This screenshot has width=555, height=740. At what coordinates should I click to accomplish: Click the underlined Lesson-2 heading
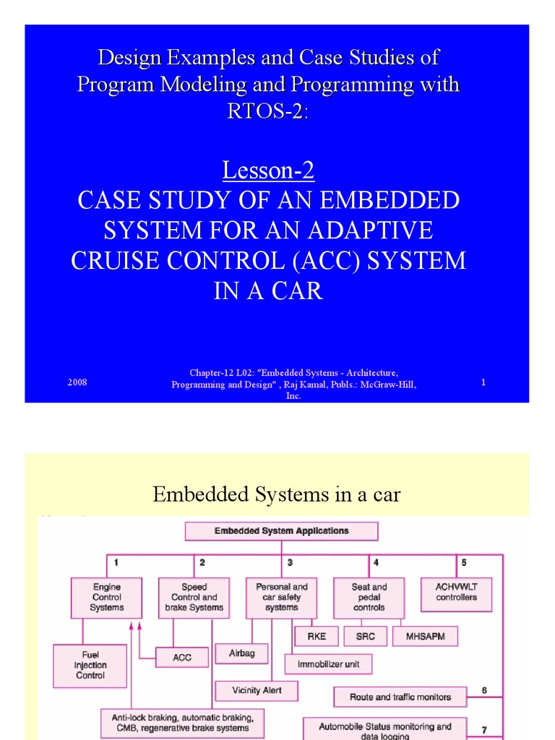point(268,171)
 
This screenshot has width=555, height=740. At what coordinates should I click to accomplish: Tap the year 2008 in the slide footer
point(77,382)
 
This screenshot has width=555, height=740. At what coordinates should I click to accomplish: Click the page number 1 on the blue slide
point(483,382)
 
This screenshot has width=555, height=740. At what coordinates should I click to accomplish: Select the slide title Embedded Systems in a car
point(277,494)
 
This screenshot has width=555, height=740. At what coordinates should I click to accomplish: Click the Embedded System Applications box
point(281,531)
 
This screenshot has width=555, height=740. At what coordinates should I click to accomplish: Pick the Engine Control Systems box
point(106,598)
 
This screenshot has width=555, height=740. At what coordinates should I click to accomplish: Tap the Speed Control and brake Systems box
point(194,598)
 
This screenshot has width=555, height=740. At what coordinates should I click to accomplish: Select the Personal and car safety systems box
point(281,598)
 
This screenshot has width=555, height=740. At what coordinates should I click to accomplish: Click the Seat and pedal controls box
point(369,598)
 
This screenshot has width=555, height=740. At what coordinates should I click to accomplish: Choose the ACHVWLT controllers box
point(456,593)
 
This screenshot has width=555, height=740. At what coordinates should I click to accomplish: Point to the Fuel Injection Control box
point(90,666)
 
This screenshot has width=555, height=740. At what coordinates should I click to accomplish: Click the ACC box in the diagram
point(182,658)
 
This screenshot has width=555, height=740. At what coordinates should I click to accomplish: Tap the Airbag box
point(242,653)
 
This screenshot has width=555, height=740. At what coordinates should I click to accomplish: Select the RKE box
point(317,637)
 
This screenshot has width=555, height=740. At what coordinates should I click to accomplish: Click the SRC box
point(365,637)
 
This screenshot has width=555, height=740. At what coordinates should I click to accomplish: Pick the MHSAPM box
point(425,637)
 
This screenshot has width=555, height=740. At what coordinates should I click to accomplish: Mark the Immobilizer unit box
point(329,663)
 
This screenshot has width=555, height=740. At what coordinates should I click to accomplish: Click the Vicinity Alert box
point(257,691)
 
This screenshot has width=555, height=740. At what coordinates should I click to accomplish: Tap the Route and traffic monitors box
point(400,697)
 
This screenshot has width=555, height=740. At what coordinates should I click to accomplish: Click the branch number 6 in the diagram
point(484,690)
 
